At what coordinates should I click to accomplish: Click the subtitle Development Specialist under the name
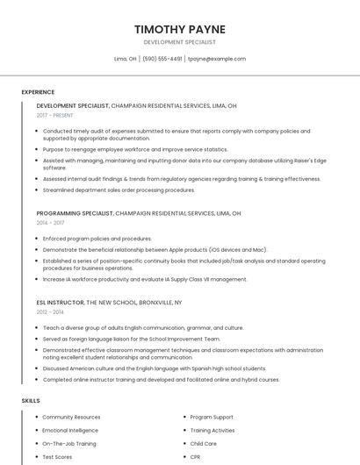(x=180, y=42)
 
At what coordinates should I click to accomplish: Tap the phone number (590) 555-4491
(x=162, y=59)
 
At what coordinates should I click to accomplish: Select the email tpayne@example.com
(x=217, y=59)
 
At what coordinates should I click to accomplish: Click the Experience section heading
(x=38, y=91)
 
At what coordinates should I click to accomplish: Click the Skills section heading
(x=31, y=400)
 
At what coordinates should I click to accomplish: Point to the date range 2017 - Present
(x=55, y=115)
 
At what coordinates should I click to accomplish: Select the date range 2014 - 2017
(x=51, y=223)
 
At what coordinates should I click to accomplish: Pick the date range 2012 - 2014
(x=51, y=311)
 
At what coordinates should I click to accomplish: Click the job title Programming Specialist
(x=75, y=213)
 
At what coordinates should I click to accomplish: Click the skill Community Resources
(x=71, y=417)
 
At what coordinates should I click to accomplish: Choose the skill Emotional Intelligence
(x=70, y=430)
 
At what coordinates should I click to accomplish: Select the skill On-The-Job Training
(x=69, y=444)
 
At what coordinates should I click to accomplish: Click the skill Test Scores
(x=57, y=457)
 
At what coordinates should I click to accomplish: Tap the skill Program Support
(x=212, y=417)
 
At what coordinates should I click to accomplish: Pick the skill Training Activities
(x=212, y=430)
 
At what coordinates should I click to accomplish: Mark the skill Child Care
(x=203, y=444)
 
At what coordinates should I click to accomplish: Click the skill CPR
(x=196, y=457)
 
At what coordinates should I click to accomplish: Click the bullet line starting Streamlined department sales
(x=119, y=190)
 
